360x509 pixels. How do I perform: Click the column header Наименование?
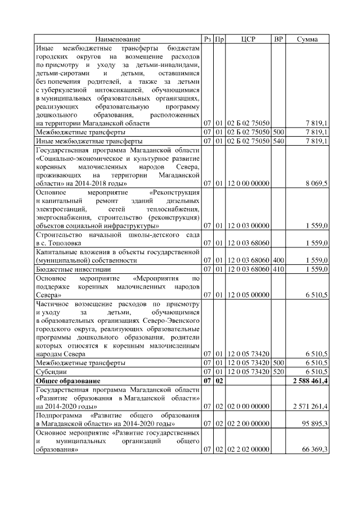click(118, 39)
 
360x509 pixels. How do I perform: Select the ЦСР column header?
click(248, 39)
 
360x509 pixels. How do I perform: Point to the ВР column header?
click(278, 39)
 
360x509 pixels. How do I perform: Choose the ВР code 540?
click(278, 141)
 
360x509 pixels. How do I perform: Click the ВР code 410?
click(278, 269)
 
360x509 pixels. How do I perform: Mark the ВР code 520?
click(278, 372)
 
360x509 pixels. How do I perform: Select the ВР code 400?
click(278, 261)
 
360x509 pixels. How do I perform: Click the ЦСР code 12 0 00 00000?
click(248, 183)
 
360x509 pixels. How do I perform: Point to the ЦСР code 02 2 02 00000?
click(248, 449)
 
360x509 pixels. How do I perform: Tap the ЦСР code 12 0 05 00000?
click(248, 295)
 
